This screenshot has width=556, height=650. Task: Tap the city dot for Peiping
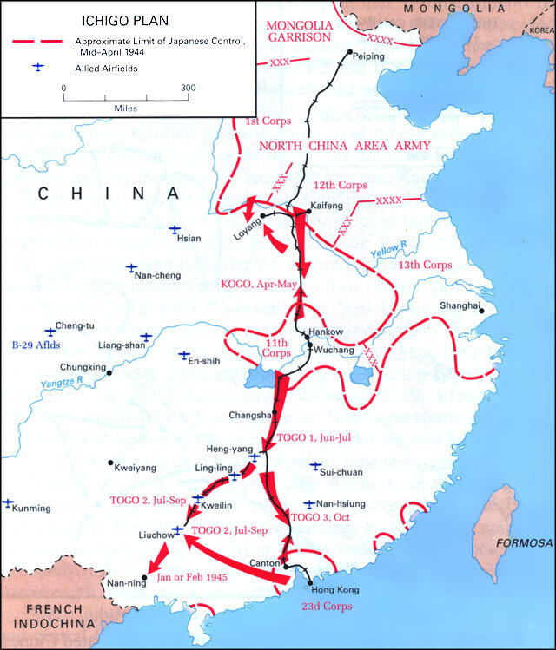pos(349,53)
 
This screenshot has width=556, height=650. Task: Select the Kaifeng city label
pos(327,205)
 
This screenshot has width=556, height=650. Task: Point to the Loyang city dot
pos(261,216)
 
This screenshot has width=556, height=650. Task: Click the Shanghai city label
pos(460,306)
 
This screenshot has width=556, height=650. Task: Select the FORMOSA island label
pos(524,543)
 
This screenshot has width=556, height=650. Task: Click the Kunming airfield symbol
pos(8,502)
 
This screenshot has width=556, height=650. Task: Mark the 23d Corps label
pos(327,607)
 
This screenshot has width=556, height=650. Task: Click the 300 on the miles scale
pos(188,89)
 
